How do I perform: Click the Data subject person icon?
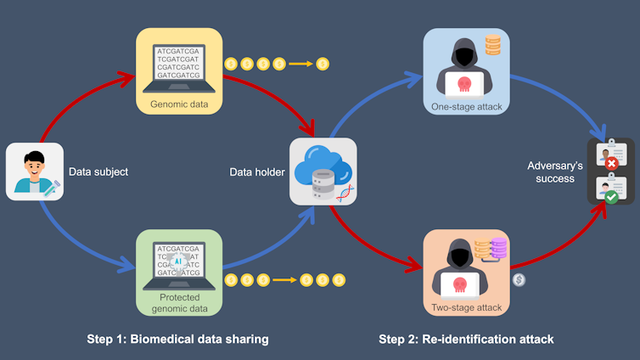(x=34, y=172)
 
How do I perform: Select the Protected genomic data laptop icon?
(x=178, y=262)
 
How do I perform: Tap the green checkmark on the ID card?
(x=610, y=196)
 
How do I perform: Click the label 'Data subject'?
(x=98, y=172)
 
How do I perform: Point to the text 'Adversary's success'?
(x=551, y=172)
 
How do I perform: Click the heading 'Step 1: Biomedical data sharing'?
(x=177, y=339)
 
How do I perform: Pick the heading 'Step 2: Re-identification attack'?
(x=466, y=339)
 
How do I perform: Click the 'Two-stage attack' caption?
(x=466, y=307)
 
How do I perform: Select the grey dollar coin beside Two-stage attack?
(x=519, y=278)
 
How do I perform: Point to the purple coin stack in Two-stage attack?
(x=498, y=249)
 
